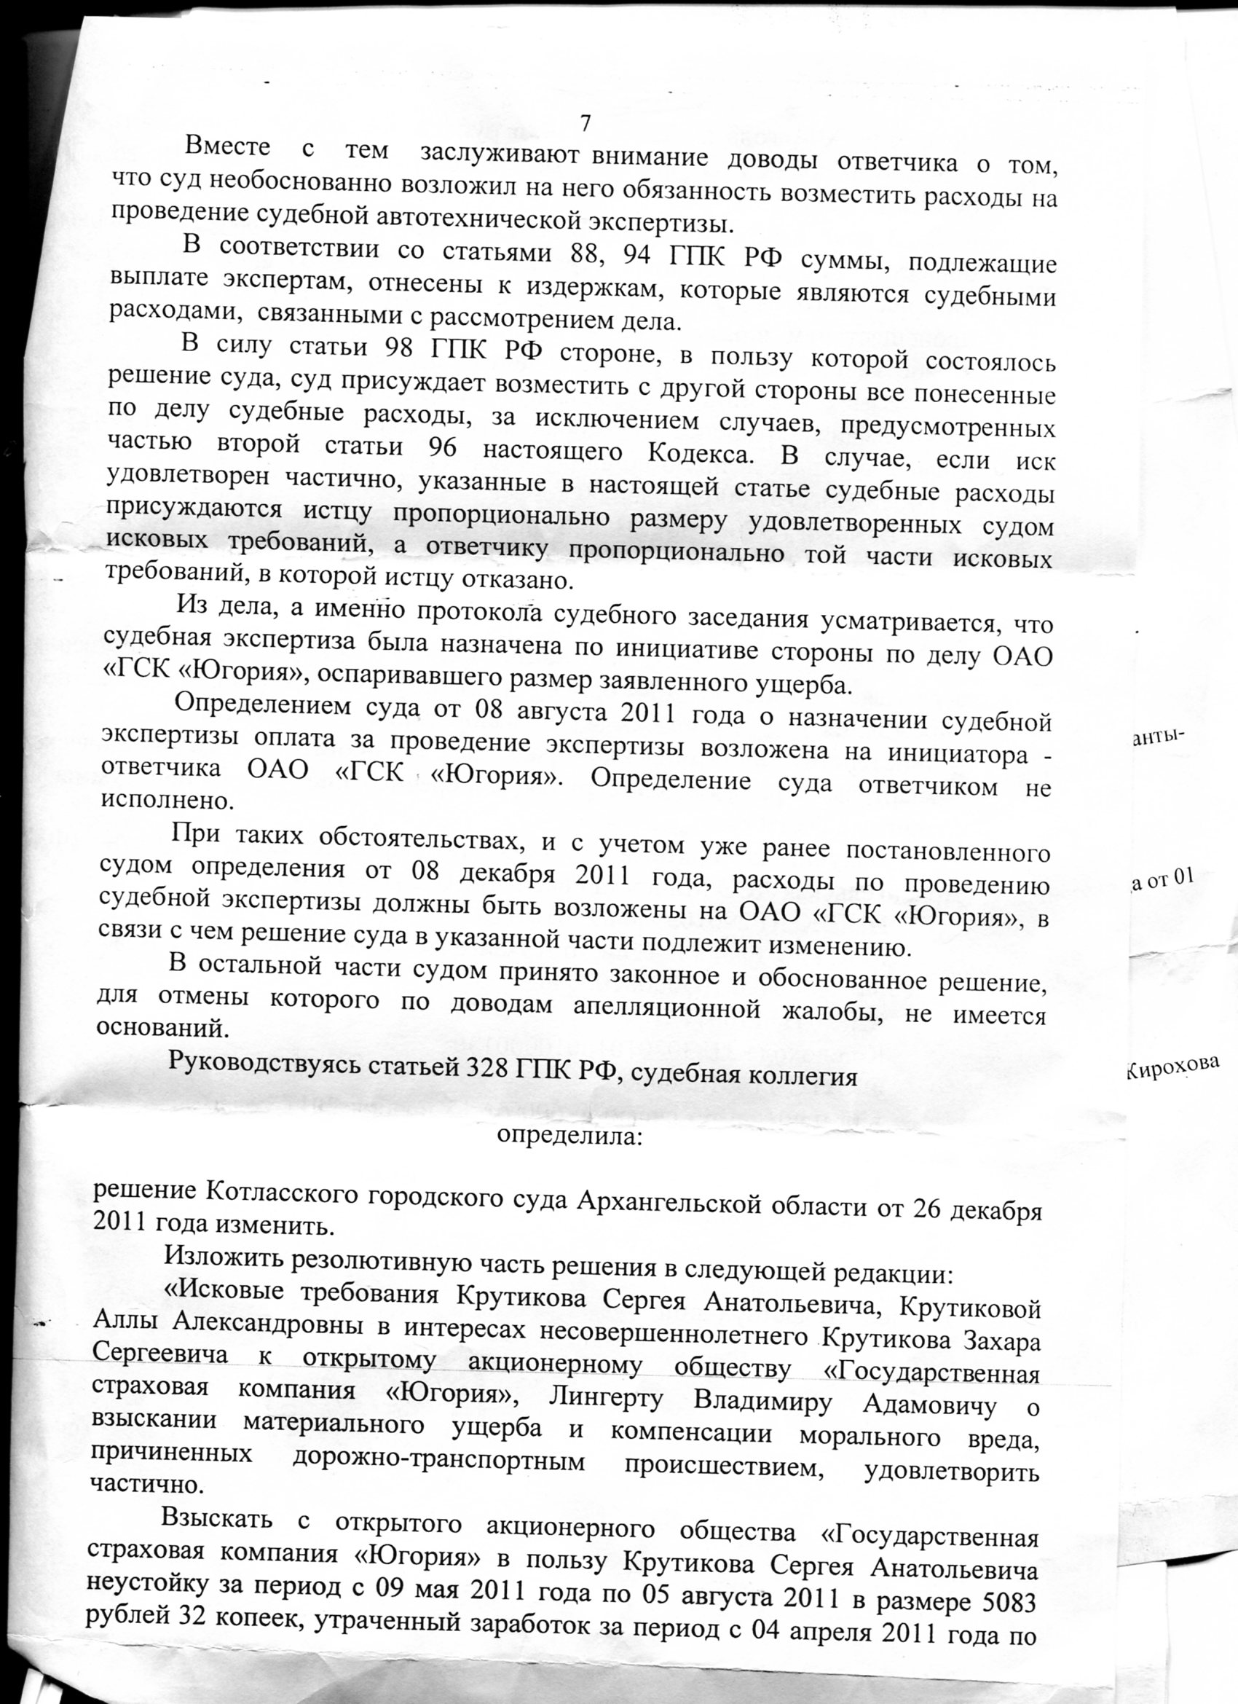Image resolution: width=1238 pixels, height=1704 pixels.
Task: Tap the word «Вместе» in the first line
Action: coord(227,146)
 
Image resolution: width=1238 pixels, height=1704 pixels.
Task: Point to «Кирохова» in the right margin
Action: coord(1172,1072)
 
